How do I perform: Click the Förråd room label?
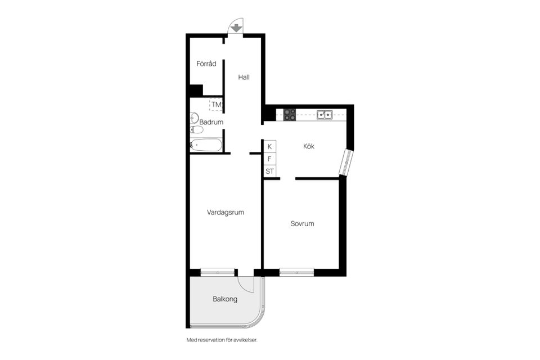206,64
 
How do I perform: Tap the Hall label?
244,77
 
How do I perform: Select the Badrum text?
211,122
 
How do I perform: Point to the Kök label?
309,146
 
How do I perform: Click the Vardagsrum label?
226,212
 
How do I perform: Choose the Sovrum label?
302,223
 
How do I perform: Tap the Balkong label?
225,299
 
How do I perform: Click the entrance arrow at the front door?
236,28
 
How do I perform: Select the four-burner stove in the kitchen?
290,115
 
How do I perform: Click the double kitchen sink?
325,114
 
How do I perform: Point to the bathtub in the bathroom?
206,145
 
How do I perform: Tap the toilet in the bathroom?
197,129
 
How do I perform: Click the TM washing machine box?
216,105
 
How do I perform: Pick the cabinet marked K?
269,146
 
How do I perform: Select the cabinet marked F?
269,159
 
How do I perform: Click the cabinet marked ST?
269,171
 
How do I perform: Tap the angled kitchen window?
346,162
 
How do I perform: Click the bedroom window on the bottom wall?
296,272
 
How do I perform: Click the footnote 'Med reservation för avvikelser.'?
222,340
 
